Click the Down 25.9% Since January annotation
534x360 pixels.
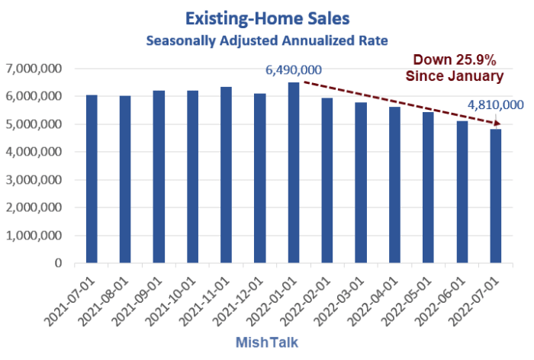[x=456, y=67]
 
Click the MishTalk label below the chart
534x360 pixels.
[x=283, y=342]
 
